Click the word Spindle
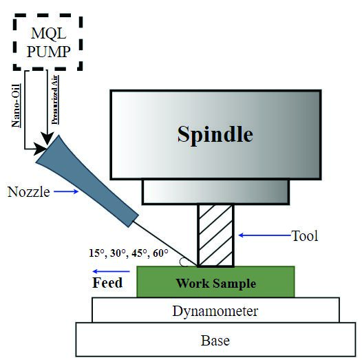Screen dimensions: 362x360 (x=215, y=135)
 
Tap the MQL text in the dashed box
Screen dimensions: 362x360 (x=48, y=34)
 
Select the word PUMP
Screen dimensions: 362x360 (x=48, y=52)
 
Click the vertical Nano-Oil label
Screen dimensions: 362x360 (x=16, y=105)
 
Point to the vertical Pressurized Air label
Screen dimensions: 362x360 (x=55, y=100)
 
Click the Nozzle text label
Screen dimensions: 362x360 (x=29, y=192)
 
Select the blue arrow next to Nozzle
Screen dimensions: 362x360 (x=66, y=191)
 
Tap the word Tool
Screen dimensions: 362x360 (x=305, y=236)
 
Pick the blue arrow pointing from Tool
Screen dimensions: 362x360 (x=264, y=235)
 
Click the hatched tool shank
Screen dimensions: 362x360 (x=215, y=235)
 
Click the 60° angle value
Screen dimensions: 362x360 (x=160, y=253)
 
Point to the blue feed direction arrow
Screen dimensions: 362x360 (x=111, y=272)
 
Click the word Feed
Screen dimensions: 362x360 (x=107, y=283)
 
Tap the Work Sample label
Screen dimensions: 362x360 (x=216, y=284)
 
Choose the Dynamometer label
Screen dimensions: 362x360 (x=215, y=311)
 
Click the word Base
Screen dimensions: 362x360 (x=215, y=341)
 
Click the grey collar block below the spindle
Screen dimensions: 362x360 (x=215, y=192)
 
